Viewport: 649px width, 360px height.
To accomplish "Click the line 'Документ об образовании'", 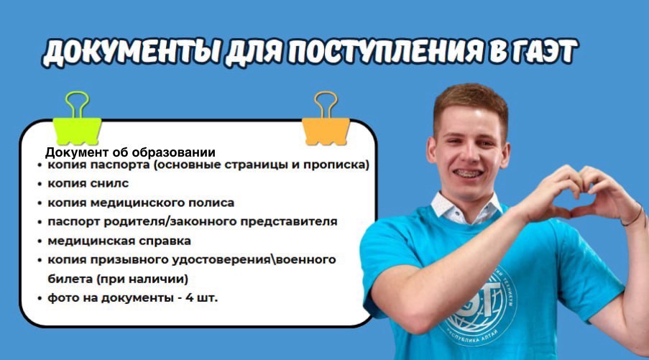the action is tap(130, 152).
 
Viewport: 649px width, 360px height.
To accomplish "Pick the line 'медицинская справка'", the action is tap(119, 241).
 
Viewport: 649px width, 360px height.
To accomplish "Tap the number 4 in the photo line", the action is tap(189, 297).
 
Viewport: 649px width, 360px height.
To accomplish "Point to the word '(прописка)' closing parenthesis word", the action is tap(336, 165).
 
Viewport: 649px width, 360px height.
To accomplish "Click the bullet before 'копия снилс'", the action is tap(40, 184).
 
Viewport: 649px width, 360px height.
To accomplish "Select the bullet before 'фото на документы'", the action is tap(40, 298).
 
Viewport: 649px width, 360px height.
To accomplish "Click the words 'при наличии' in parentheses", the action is tap(142, 280).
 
